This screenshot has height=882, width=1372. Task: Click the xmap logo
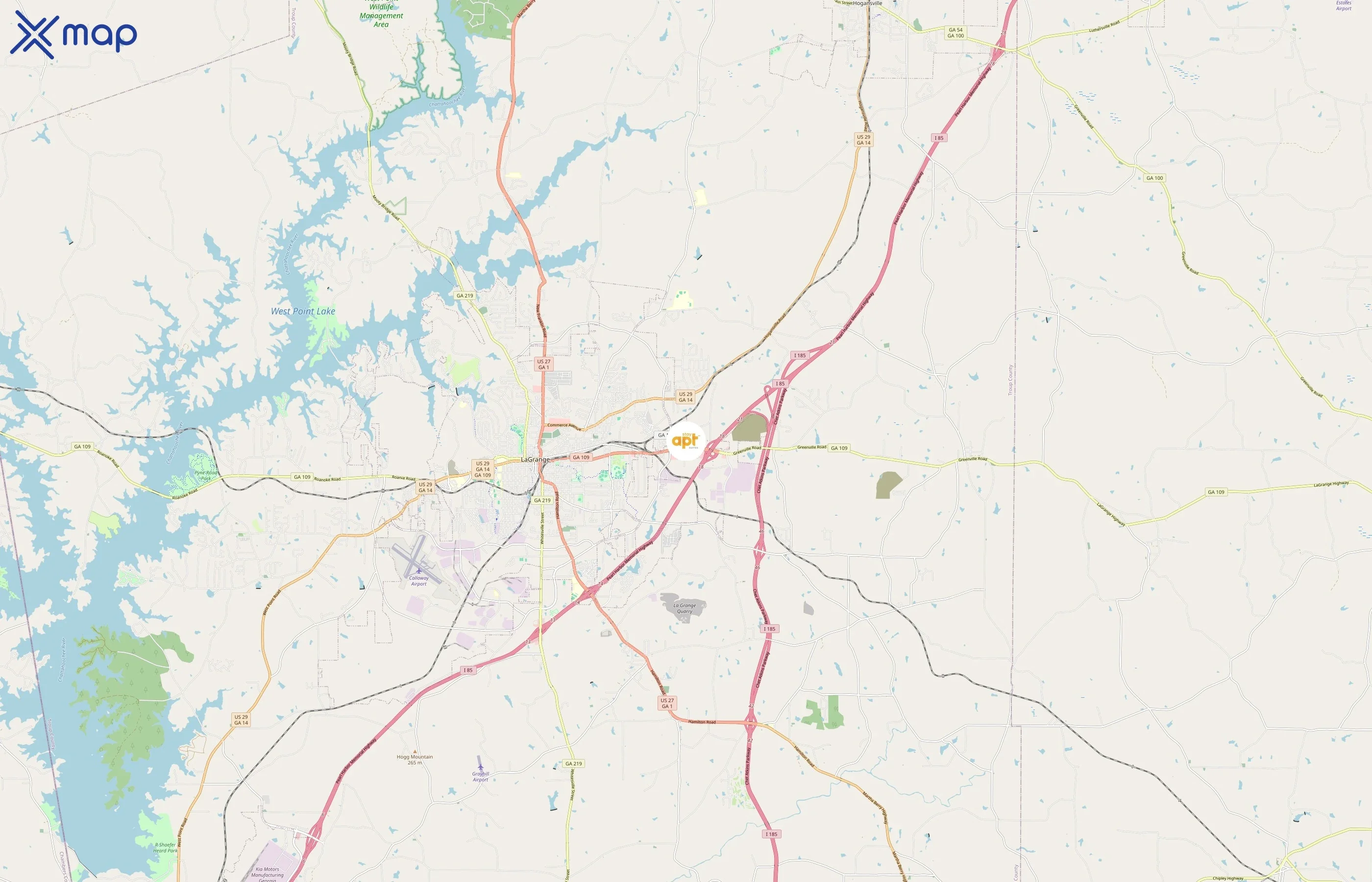click(73, 35)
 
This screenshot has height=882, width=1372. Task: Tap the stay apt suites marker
click(686, 441)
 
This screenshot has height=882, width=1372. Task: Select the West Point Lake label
click(303, 311)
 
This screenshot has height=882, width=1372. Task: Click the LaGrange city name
click(535, 459)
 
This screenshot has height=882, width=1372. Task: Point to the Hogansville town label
click(867, 3)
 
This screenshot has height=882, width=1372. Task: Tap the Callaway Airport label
click(418, 581)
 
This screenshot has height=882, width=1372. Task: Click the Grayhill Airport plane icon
click(480, 766)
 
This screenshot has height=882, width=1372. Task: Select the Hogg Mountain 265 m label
click(415, 759)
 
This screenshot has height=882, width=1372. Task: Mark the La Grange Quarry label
click(684, 608)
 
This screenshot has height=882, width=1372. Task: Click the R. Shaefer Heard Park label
click(166, 848)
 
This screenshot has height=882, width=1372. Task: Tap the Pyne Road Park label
click(206, 475)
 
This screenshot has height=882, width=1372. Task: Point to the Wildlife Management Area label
click(381, 16)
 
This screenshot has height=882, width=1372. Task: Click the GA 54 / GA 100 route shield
click(955, 33)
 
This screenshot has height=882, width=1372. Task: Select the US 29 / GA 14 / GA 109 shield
click(483, 469)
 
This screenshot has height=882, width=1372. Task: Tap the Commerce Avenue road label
click(564, 426)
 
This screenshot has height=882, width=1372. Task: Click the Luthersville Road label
click(1104, 27)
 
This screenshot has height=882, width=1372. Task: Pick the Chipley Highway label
click(1228, 878)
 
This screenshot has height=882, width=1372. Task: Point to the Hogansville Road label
click(775, 328)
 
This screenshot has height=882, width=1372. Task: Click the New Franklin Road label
click(541, 321)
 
